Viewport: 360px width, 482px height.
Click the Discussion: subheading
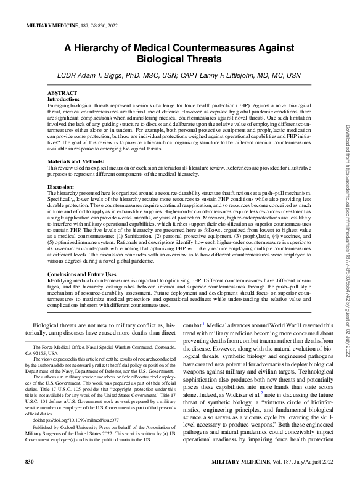(62, 186)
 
